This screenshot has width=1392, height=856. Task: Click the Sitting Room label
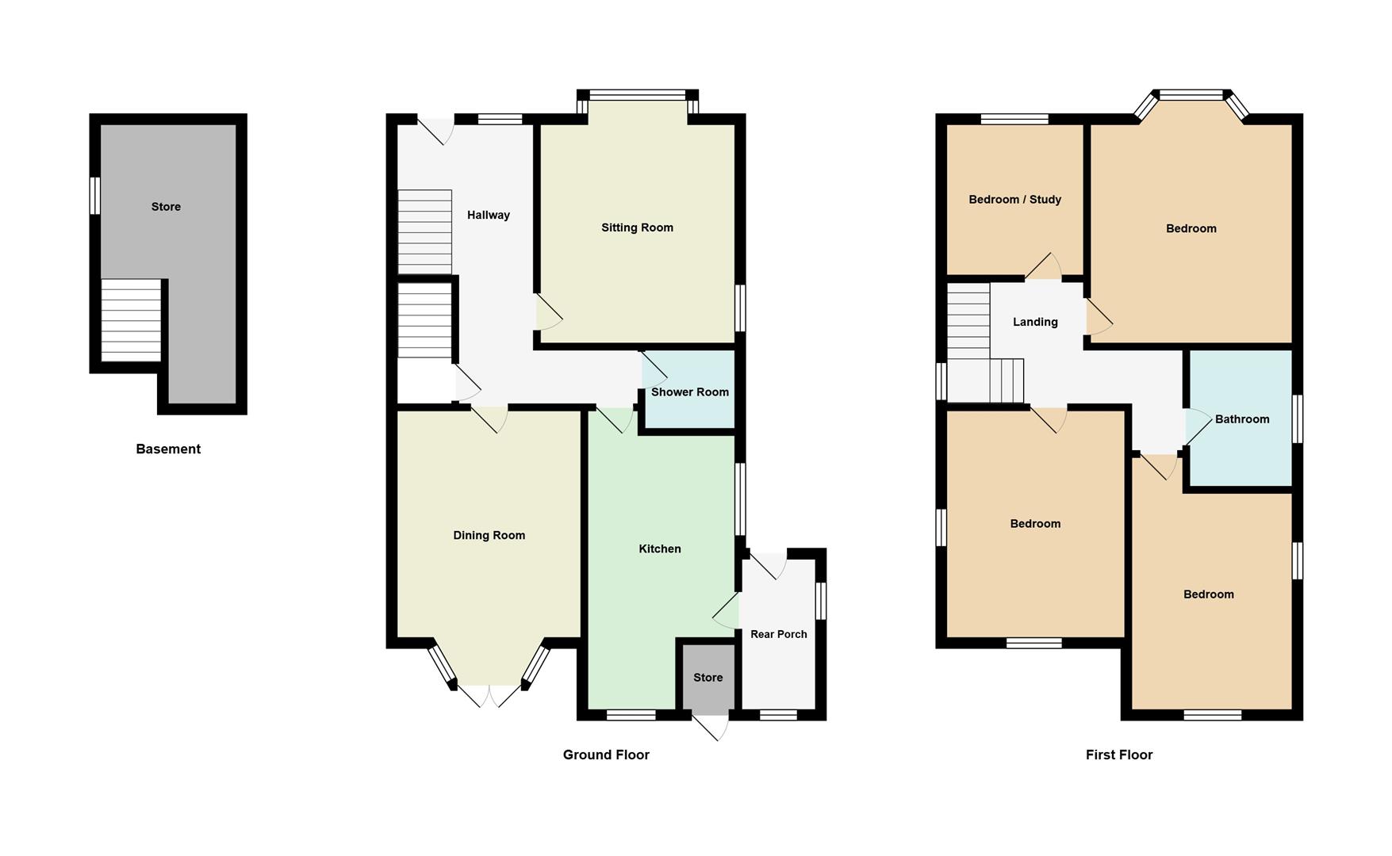click(x=637, y=227)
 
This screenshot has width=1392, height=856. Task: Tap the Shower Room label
click(x=689, y=392)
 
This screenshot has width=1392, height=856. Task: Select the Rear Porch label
click(x=778, y=634)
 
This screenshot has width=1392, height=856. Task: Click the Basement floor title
click(x=168, y=449)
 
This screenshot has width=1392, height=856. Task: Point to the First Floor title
click(x=1118, y=755)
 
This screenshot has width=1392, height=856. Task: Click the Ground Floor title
click(x=606, y=755)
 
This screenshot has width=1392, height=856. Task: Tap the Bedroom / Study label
click(x=1014, y=200)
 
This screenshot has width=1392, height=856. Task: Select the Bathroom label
click(x=1241, y=419)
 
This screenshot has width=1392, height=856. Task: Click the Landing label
click(x=1034, y=322)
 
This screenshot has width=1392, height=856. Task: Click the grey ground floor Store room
click(x=708, y=678)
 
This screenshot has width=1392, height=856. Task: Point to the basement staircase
click(x=132, y=320)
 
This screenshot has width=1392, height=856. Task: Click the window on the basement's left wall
click(x=94, y=195)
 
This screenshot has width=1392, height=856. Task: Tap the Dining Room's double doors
click(x=489, y=694)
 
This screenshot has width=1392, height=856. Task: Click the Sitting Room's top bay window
click(x=638, y=96)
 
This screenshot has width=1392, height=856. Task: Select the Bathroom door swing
click(x=1197, y=426)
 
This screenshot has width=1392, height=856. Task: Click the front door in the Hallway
click(x=436, y=129)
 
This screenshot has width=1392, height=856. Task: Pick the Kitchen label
click(x=659, y=548)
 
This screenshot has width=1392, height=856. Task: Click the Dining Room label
click(x=489, y=535)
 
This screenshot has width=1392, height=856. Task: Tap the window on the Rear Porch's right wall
click(x=821, y=601)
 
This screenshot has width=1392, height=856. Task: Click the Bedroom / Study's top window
click(x=1014, y=120)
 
